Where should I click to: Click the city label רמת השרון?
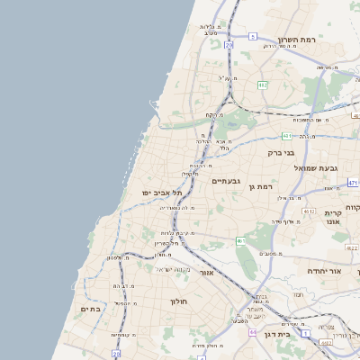[x=300, y=40]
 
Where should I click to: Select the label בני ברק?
[x=282, y=153]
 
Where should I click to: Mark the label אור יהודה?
[x=325, y=271]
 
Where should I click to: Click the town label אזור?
[x=209, y=271]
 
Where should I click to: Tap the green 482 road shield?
[x=263, y=85]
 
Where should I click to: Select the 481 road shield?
[x=287, y=136]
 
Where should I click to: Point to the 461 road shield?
[x=240, y=241]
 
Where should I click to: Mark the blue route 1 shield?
[x=306, y=333]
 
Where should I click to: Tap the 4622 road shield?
[x=308, y=212]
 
